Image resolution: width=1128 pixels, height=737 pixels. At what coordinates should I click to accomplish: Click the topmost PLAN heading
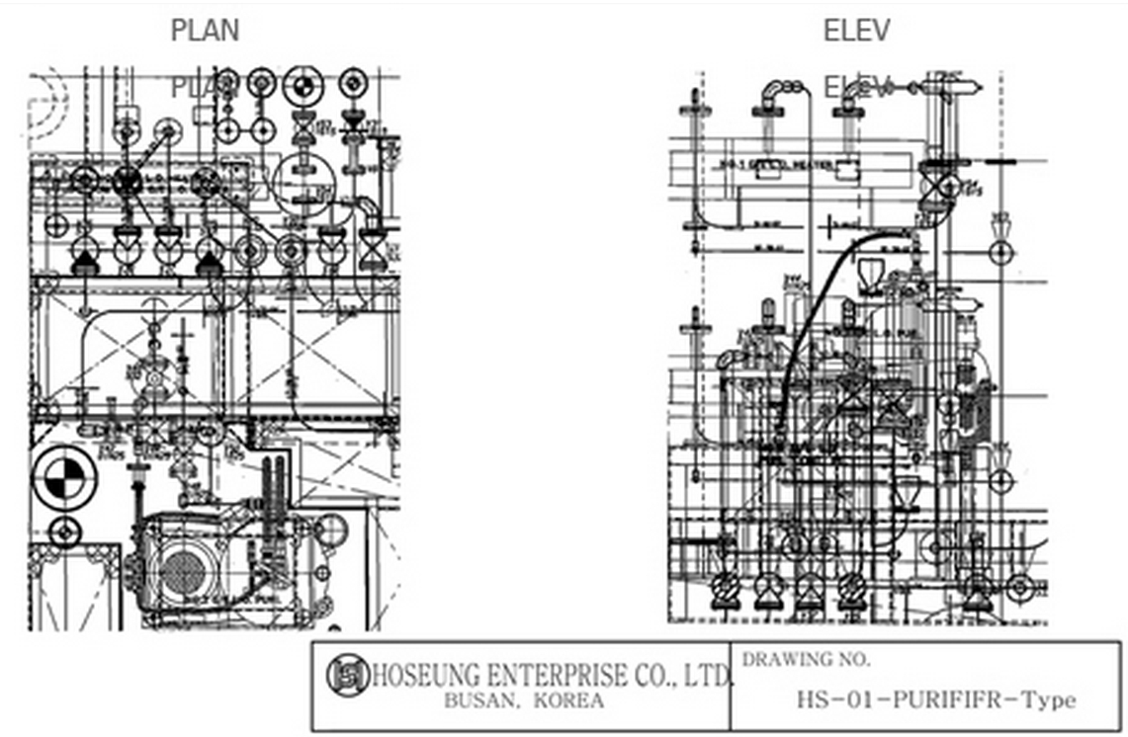tap(205, 31)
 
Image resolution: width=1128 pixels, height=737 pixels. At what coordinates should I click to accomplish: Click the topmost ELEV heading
tap(856, 31)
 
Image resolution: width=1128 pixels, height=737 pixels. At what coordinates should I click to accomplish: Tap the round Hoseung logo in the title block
tap(348, 675)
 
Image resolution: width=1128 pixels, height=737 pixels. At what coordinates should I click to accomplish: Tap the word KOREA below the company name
tap(568, 701)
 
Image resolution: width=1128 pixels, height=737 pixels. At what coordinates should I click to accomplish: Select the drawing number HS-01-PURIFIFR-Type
tap(935, 700)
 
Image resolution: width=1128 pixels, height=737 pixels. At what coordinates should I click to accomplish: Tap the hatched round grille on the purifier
tap(184, 571)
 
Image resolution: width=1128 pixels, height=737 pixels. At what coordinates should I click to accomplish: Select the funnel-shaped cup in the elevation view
tap(872, 273)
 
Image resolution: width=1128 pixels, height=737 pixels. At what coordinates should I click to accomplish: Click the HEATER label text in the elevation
tap(791, 164)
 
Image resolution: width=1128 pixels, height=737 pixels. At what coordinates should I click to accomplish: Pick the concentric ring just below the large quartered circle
tap(65, 532)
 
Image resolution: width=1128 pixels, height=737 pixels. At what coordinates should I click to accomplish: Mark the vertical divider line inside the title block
tap(732, 686)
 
